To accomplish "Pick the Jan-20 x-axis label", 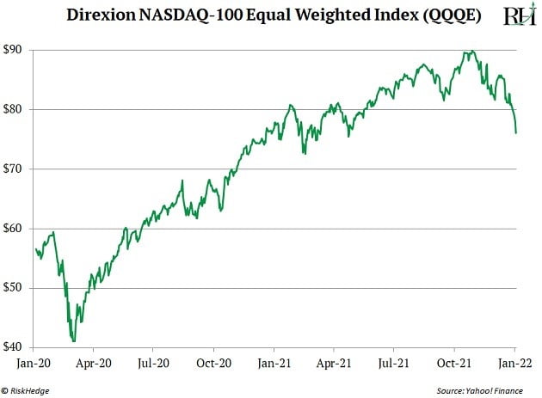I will coord(34,364).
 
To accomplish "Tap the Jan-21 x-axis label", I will coord(274,364).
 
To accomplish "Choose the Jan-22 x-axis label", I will coord(514,364).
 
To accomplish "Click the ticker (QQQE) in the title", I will coord(436,15).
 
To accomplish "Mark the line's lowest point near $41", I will coord(74,341).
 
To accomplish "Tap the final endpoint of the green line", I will coord(515,132).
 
